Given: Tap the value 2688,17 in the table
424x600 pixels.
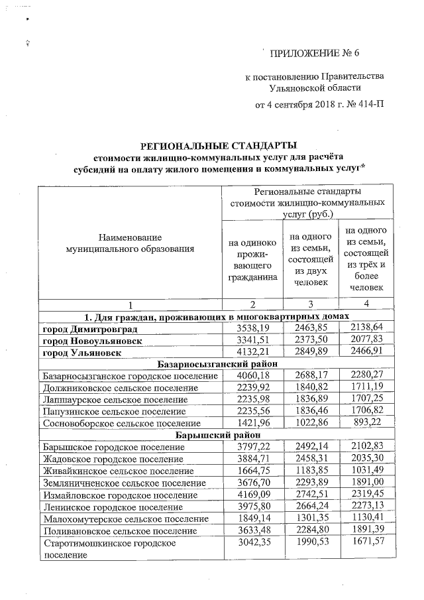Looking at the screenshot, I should click(311, 377).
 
